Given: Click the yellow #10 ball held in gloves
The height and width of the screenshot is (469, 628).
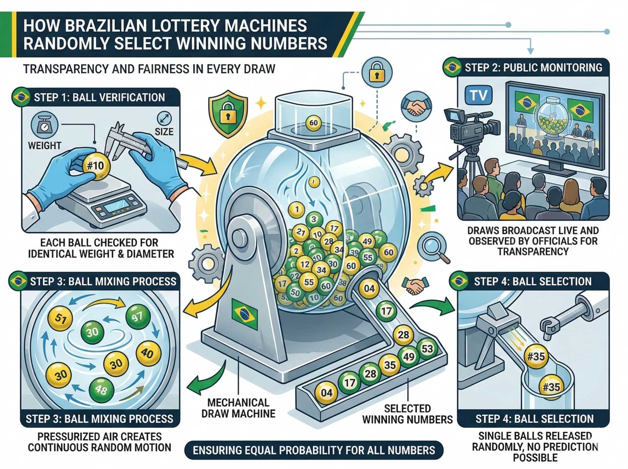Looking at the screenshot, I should coord(96,166).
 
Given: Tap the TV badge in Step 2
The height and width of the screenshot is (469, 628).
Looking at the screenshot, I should coord(478,95).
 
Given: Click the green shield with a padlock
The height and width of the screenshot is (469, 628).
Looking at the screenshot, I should coord(228,113).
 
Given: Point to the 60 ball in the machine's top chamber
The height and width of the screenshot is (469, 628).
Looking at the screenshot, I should coord(313,123).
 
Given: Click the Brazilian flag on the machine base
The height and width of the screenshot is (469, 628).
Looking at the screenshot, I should coord(244,313).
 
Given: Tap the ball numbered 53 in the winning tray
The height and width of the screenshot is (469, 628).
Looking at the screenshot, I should coord(427,349).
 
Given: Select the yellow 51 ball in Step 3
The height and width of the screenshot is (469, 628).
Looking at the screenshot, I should coord(60,319).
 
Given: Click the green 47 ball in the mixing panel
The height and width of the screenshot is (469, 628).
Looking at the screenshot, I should coord(138,317).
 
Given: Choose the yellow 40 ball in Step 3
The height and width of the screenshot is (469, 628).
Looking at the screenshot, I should coord(148,353).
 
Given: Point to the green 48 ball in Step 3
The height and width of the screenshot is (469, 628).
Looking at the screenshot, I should coord(101,389).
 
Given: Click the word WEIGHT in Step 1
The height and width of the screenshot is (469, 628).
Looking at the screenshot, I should coord(44,145).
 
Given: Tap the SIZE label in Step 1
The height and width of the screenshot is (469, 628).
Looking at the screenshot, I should coord(164,132).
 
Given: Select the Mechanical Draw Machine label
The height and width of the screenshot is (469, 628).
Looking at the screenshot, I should coord(238,408).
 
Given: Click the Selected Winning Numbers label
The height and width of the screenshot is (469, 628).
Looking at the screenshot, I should coord(407,414).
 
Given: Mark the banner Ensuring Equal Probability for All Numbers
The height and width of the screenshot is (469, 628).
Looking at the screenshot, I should coord(314,450).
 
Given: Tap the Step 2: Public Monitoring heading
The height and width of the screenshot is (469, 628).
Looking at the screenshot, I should coord(533,68).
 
